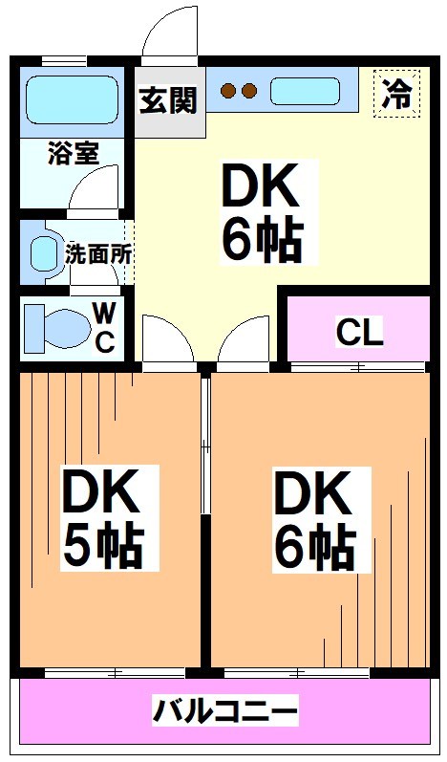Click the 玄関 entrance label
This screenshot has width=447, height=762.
pos(169,99)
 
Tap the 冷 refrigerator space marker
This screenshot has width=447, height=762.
pos(396,94)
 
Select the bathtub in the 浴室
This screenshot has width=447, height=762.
pos(71,99)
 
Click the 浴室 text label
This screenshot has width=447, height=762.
pos(73,154)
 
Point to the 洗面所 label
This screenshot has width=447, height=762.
pos(98,254)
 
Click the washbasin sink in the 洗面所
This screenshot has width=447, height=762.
pos(44,254)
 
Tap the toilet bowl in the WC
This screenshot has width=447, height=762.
pos(55,327)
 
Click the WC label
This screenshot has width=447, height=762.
pos(104,326)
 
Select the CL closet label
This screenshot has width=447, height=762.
pos(359,332)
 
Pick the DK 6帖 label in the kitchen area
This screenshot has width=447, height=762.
pos(262,213)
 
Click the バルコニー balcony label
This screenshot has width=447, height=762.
pos(226,711)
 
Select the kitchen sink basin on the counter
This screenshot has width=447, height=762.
pos(304,92)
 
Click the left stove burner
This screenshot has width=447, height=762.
pos(228,92)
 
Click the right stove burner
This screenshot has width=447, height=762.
pos(249,92)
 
